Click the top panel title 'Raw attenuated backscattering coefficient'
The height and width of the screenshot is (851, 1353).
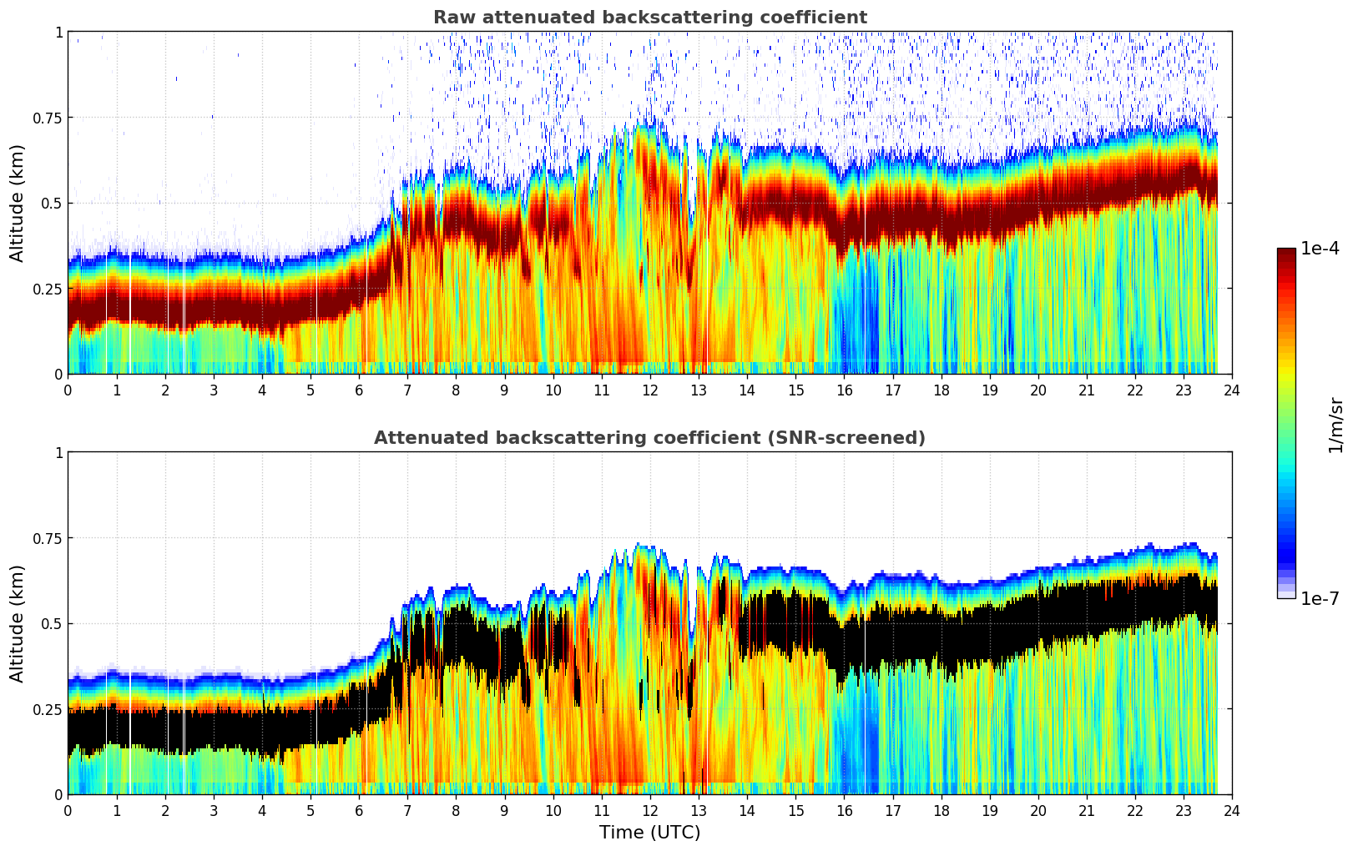point(649,18)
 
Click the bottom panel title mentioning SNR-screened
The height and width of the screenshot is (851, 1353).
point(649,438)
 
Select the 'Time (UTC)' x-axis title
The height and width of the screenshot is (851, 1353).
point(649,833)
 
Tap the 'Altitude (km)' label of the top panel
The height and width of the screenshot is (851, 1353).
point(18,203)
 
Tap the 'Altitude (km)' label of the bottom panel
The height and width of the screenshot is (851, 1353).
point(18,623)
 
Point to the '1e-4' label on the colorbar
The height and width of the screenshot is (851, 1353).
point(1320,249)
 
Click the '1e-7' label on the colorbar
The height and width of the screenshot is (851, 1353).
point(1320,598)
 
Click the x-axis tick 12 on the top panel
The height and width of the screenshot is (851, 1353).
point(650,390)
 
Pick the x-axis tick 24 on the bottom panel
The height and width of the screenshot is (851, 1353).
point(1232,810)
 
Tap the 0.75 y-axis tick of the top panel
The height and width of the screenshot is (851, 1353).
point(47,118)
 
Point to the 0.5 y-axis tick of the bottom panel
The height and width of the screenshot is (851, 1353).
point(51,623)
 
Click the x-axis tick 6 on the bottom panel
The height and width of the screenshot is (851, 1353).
point(359,810)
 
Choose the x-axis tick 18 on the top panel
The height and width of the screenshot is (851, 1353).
point(941,390)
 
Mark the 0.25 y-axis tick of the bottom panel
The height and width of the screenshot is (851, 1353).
point(47,709)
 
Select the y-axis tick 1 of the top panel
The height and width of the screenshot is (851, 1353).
point(58,32)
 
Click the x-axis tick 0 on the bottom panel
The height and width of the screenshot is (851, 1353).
point(68,810)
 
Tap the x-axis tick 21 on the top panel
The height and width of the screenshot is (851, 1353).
point(1087,390)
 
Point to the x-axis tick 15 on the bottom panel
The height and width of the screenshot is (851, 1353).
point(795,810)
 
